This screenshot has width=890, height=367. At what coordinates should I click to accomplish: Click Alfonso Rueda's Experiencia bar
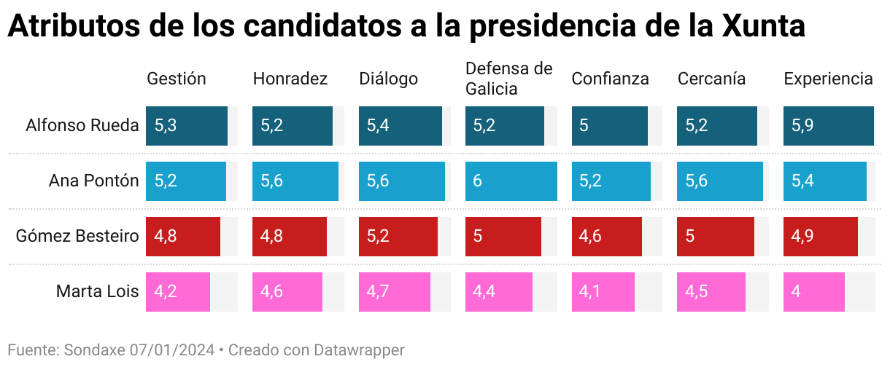pyautogui.click(x=829, y=126)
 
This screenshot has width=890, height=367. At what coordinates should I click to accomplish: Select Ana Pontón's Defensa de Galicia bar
pyautogui.click(x=511, y=181)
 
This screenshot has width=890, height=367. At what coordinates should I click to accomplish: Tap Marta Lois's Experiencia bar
pyautogui.click(x=814, y=292)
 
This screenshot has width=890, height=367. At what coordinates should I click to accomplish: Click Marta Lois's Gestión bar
pyautogui.click(x=178, y=292)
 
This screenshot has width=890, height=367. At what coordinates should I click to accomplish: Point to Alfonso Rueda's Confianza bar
pyautogui.click(x=610, y=126)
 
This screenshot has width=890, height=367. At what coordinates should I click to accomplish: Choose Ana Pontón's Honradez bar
pyautogui.click(x=295, y=181)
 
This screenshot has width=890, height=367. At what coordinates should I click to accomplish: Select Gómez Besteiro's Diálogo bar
pyautogui.click(x=398, y=237)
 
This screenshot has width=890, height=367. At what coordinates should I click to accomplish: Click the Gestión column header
pyautogui.click(x=177, y=79)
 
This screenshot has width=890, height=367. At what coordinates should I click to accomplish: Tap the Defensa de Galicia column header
pyautogui.click(x=509, y=79)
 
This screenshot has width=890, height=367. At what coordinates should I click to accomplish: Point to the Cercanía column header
pyautogui.click(x=711, y=79)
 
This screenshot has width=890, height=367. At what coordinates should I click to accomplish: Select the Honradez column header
pyautogui.click(x=290, y=79)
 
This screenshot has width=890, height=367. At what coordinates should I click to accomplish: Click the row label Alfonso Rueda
pyautogui.click(x=82, y=125)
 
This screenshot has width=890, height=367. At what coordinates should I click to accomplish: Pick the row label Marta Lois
pyautogui.click(x=97, y=292)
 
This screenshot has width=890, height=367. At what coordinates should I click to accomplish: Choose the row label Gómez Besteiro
pyautogui.click(x=77, y=237)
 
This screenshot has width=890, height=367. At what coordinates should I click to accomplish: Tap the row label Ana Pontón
pyautogui.click(x=93, y=181)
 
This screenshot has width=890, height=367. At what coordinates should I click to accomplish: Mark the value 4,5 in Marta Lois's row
pyautogui.click(x=696, y=292)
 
